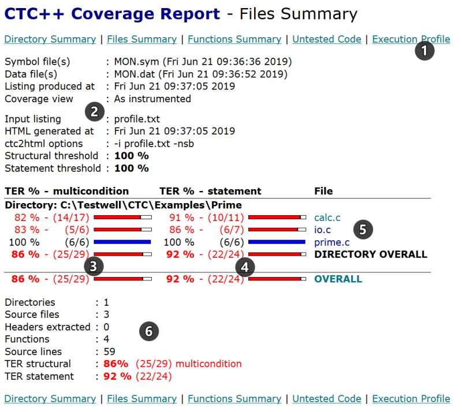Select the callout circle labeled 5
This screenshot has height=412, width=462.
363,230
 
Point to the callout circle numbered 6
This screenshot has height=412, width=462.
149,331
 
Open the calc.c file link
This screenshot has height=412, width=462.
327,218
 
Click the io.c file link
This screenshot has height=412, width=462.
322,230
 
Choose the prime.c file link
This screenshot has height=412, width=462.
331,242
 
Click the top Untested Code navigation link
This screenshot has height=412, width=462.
326,39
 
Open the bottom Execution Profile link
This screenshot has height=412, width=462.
411,399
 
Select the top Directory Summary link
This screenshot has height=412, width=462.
50,39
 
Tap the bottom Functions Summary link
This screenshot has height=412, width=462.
234,399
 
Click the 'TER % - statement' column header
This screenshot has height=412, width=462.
210,191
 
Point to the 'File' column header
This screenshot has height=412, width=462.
323,191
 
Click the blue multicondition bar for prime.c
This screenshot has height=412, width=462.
122,242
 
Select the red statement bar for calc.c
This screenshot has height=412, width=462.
277,218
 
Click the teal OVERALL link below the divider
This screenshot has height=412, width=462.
338,279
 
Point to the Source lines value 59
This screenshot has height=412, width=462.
109,351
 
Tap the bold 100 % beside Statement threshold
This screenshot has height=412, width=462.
131,168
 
